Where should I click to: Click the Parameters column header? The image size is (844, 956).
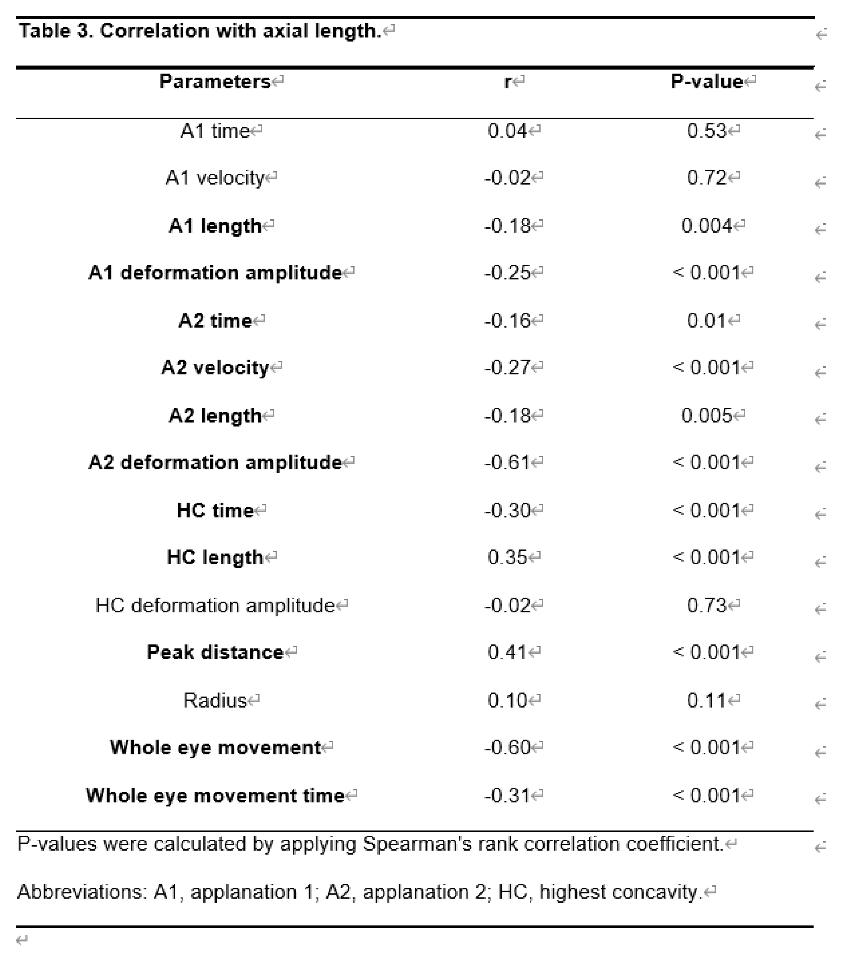[215, 82]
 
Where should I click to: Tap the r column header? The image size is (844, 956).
[508, 82]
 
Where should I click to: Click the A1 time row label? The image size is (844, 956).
[215, 131]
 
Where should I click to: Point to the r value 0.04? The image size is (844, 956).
[508, 131]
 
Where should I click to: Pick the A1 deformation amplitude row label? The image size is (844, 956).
[215, 273]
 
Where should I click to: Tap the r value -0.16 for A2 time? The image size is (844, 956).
[508, 321]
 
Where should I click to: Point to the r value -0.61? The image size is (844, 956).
[508, 463]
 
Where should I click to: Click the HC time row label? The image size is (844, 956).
[215, 510]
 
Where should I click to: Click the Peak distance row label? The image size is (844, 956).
[215, 652]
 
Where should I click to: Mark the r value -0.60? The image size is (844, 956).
[508, 748]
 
